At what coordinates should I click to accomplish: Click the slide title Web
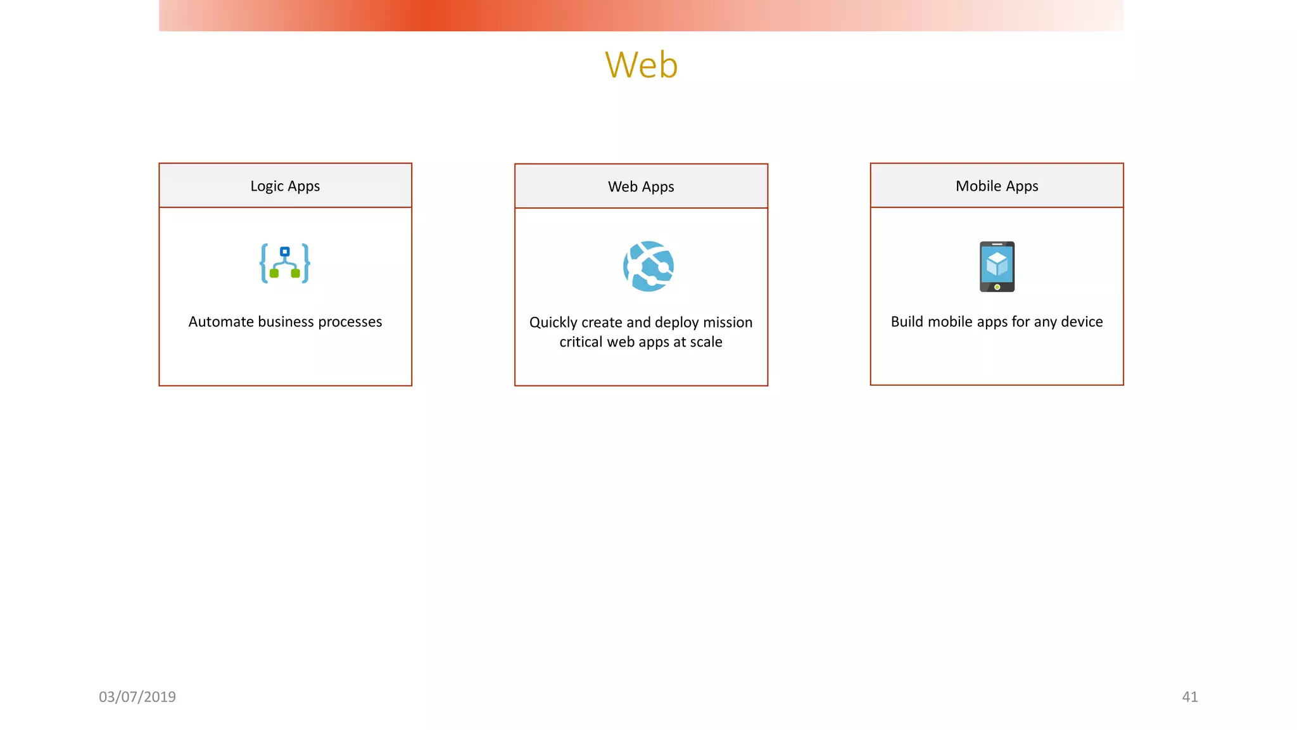click(641, 65)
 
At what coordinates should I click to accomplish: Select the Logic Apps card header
click(285, 186)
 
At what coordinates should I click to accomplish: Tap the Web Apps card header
click(641, 186)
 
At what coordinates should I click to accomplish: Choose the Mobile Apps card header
click(997, 186)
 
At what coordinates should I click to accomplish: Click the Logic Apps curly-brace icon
click(285, 263)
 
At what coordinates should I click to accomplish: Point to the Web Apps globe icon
click(648, 266)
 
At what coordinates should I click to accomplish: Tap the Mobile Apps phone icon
click(997, 266)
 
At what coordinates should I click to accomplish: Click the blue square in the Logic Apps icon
click(285, 252)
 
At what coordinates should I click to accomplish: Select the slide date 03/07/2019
click(137, 696)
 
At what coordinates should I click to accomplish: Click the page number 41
click(1190, 696)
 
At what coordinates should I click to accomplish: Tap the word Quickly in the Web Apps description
click(553, 323)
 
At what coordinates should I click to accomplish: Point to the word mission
click(728, 323)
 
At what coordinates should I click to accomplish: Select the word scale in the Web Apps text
click(706, 342)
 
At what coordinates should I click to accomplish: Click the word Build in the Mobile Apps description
click(907, 322)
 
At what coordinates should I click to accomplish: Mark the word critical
click(581, 342)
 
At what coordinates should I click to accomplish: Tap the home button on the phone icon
click(997, 287)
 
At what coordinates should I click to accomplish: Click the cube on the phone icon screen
click(997, 264)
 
